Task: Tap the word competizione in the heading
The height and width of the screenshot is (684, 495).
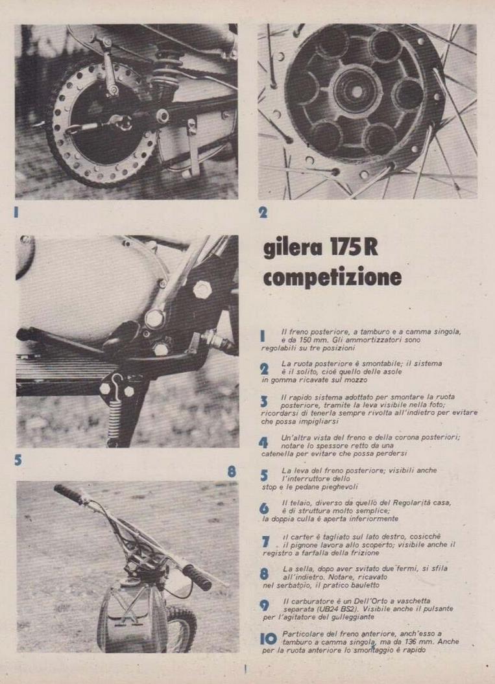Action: point(332,277)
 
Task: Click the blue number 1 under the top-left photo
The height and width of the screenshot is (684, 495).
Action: point(17,212)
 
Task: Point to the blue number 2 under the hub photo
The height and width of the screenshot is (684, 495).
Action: point(263,213)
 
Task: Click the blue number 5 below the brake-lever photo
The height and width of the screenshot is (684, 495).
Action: point(18,460)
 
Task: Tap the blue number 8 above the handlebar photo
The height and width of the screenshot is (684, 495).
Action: point(232,471)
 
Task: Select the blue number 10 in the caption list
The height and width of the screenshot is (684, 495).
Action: point(269,639)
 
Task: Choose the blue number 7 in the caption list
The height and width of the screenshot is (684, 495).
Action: point(265,542)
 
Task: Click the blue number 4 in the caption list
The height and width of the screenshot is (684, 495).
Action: point(263,442)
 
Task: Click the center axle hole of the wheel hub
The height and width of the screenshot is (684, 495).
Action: point(357,91)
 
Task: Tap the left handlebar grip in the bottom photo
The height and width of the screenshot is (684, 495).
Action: point(67,493)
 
